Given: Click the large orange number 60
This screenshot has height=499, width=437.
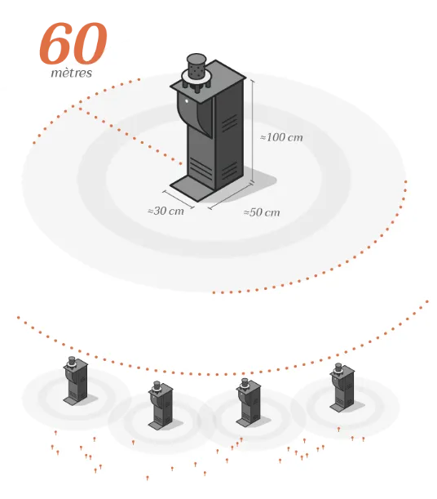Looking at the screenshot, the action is click(73, 43).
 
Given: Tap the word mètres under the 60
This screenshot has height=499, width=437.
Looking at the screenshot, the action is click(72, 73).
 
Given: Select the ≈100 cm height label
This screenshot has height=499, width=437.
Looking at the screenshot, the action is click(281, 137).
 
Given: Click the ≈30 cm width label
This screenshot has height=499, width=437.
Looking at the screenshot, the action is click(166, 211).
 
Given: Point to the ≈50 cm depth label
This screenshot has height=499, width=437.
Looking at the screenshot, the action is click(262, 212).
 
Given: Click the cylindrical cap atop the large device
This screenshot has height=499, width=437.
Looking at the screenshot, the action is click(196, 66).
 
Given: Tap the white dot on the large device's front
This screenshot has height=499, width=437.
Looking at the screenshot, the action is click(187, 101).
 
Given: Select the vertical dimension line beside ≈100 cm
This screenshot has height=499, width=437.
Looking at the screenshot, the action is click(253, 131).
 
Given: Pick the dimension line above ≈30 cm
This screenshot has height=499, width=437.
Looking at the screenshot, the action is click(179, 199).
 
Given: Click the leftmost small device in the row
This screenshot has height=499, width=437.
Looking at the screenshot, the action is click(76, 381).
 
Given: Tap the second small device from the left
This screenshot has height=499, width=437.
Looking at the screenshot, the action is click(161, 405).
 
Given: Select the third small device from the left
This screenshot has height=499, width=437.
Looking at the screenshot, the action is click(248, 402).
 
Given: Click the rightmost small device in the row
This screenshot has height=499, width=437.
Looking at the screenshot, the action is click(342, 387).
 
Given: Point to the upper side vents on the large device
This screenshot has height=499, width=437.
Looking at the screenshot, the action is click(229, 123).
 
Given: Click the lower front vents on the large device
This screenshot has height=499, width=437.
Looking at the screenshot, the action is click(200, 167).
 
